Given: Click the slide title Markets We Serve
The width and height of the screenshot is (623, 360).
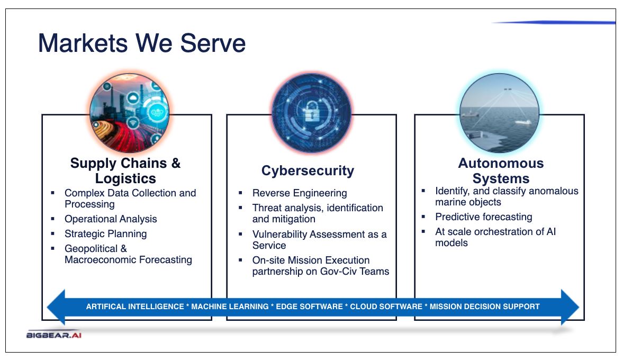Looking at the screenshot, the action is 142,43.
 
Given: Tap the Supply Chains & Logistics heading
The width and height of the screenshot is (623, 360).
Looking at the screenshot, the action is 125,171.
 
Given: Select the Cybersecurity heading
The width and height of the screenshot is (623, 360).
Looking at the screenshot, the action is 308,171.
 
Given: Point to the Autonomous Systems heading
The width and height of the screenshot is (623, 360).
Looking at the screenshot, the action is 501,171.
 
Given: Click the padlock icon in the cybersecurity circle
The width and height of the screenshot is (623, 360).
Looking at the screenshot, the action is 311,112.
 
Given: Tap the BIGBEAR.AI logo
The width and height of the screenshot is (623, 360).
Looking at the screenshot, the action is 54,335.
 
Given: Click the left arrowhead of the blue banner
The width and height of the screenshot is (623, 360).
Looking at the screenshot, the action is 56,307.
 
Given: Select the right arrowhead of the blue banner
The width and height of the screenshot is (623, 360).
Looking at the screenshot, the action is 570,307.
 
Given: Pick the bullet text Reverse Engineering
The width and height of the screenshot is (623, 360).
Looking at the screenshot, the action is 300,193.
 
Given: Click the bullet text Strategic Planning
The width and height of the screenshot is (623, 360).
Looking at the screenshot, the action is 106,233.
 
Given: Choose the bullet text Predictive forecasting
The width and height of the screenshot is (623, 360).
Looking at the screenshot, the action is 484,217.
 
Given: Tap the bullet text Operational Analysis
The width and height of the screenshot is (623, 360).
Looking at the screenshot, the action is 111,219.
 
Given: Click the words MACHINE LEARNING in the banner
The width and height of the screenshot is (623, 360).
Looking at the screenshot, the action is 230,307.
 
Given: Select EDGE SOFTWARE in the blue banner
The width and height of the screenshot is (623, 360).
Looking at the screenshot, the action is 309,307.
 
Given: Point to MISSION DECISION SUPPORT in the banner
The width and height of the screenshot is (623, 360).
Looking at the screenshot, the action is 485,307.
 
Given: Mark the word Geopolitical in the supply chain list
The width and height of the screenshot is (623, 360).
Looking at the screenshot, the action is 91,249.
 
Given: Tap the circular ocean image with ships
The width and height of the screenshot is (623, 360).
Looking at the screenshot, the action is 500,113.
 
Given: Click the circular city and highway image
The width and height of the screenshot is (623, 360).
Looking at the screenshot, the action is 130,113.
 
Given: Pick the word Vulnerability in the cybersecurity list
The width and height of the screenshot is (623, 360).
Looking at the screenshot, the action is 279,235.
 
